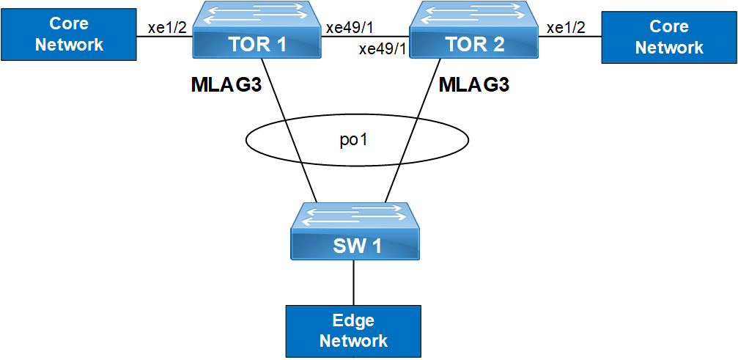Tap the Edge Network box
(353, 331)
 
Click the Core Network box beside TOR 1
(70, 35)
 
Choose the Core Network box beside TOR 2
(668, 37)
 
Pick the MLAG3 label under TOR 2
(474, 85)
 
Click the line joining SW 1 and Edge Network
(354, 282)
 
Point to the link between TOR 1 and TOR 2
(366, 37)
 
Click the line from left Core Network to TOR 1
(165, 37)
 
